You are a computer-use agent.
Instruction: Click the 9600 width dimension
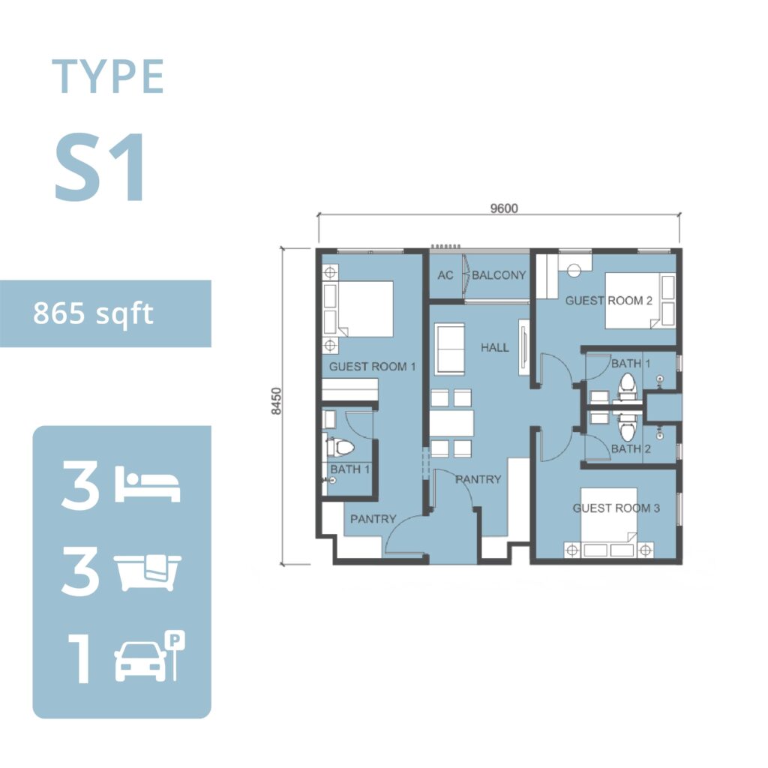click(x=504, y=208)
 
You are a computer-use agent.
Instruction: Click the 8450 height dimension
click(x=277, y=401)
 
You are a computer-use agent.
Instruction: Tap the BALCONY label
click(x=499, y=275)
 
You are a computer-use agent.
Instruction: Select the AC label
click(x=445, y=275)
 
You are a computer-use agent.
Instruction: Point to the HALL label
click(x=495, y=348)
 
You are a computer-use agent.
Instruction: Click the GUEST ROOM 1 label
click(x=372, y=366)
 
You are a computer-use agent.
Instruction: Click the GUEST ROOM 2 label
click(x=609, y=301)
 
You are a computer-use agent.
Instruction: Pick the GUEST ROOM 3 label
click(x=616, y=508)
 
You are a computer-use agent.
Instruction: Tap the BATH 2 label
click(x=631, y=448)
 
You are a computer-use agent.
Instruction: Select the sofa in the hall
click(x=450, y=349)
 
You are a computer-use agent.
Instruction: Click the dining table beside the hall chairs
click(x=451, y=423)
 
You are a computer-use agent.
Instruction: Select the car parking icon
click(x=150, y=656)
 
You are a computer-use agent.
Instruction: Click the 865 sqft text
click(x=93, y=314)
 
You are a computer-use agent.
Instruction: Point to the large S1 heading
click(x=100, y=167)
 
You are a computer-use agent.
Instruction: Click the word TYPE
click(x=108, y=76)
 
